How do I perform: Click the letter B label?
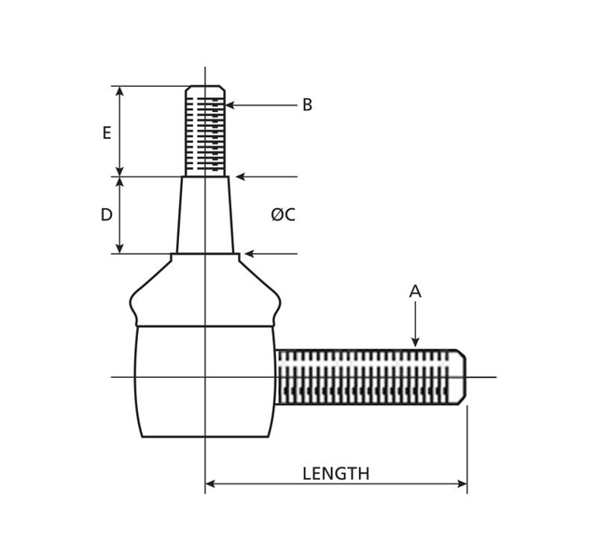(307, 105)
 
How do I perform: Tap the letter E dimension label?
(107, 133)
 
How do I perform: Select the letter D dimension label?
(106, 215)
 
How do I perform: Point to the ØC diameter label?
(284, 215)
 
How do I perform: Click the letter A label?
(415, 291)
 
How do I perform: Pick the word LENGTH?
(336, 473)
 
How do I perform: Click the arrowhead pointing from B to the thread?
(230, 105)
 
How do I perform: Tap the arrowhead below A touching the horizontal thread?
(415, 343)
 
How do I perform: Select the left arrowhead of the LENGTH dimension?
(210, 484)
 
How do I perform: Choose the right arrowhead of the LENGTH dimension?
(463, 484)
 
